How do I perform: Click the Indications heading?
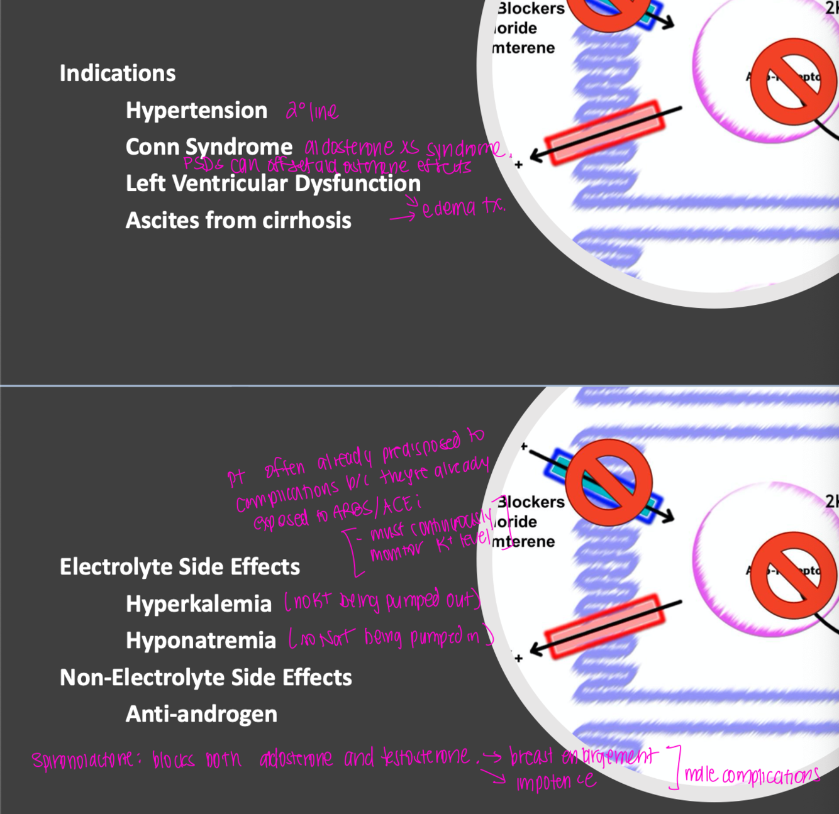tap(118, 74)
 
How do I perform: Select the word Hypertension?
tap(196, 111)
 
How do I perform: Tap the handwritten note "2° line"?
tap(312, 112)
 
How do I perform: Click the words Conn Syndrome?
tap(209, 147)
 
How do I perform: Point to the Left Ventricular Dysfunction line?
tap(273, 184)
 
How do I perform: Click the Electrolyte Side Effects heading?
tap(180, 567)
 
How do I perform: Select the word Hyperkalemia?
tap(199, 604)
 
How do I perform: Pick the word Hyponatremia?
tap(201, 641)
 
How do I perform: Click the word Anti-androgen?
tap(201, 714)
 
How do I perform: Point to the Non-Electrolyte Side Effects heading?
tap(206, 678)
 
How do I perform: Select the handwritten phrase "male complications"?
tap(752, 775)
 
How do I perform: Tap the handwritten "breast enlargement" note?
tap(583, 755)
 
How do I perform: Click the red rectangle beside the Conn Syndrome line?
tap(604, 133)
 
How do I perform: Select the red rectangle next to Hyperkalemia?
tap(604, 627)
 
